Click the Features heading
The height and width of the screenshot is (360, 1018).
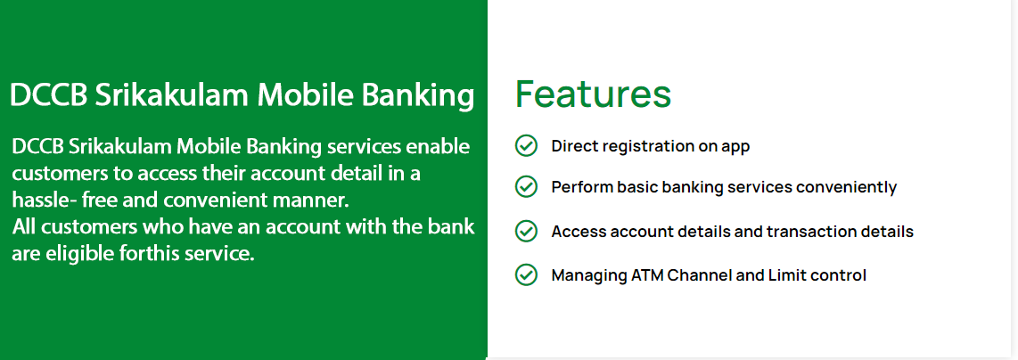[593, 94]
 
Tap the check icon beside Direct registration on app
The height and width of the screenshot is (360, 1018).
[526, 146]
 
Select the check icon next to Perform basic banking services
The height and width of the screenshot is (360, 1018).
[526, 187]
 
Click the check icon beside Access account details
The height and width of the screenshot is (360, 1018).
[526, 231]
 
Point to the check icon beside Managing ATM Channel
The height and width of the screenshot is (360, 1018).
[526, 274]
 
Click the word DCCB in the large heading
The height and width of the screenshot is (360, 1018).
[49, 94]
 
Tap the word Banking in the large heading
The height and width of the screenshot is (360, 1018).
[417, 96]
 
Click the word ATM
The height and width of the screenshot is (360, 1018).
[647, 275]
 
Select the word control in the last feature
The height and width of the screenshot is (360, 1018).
[838, 275]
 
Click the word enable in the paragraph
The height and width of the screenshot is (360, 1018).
[438, 147]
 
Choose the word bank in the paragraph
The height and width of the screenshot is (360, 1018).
[453, 227]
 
